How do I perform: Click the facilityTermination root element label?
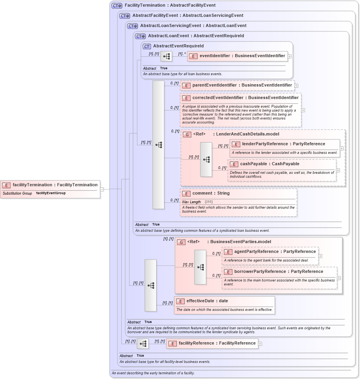click(x=55, y=185)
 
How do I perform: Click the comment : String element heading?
click(x=211, y=193)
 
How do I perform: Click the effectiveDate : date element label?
click(x=207, y=301)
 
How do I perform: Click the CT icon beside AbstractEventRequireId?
click(x=147, y=46)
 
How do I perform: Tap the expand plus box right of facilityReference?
click(x=260, y=344)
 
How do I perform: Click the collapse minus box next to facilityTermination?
click(x=102, y=189)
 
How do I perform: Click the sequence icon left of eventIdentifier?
click(x=166, y=56)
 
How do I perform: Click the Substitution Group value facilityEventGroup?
click(x=51, y=193)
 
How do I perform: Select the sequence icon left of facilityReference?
click(x=143, y=344)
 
